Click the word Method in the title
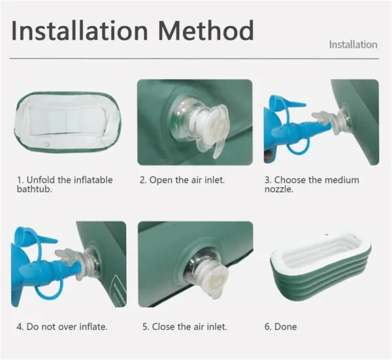click(x=206, y=31)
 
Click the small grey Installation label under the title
click(x=353, y=44)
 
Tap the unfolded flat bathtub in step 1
click(x=67, y=122)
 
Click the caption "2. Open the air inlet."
click(x=182, y=180)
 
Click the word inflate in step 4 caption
click(x=93, y=327)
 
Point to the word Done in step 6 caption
click(x=286, y=327)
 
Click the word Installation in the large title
click(x=80, y=31)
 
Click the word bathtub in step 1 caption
click(x=34, y=189)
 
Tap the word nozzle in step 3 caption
click(x=279, y=189)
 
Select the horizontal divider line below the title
click(x=194, y=59)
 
